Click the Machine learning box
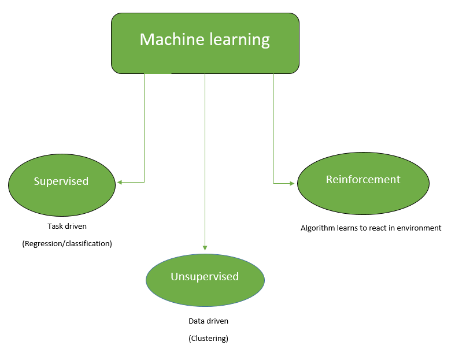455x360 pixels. [x=205, y=43]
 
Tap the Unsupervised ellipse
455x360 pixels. [x=205, y=280]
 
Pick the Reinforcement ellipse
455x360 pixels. [x=363, y=183]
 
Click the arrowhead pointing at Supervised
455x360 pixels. [x=120, y=182]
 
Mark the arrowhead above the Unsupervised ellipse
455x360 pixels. [x=205, y=247]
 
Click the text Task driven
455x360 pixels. [x=67, y=227]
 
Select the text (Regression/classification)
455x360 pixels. [x=67, y=244]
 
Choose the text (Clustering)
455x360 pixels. [x=208, y=339]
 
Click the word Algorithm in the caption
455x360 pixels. [x=317, y=228]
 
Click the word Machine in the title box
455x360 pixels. [x=167, y=40]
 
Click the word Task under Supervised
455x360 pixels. [x=55, y=227]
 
